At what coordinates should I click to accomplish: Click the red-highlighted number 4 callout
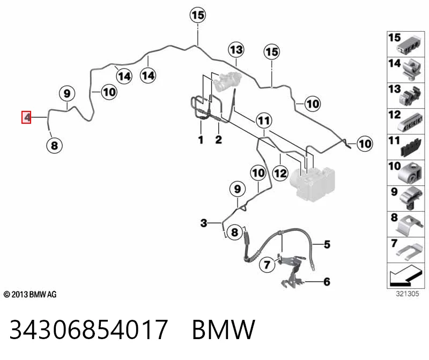tap(26, 117)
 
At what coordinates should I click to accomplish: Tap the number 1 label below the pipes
tap(201, 140)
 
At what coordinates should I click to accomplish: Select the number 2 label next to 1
tap(218, 140)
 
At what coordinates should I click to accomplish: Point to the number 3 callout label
tap(204, 223)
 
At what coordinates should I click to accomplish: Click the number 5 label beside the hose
tap(327, 244)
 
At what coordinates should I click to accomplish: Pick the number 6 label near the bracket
tap(327, 282)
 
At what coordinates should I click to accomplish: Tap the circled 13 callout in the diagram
tap(236, 50)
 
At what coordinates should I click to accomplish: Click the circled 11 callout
tap(264, 121)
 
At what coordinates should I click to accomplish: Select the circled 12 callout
tap(280, 173)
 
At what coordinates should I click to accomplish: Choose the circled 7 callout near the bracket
tap(267, 264)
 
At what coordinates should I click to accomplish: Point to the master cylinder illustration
tap(227, 81)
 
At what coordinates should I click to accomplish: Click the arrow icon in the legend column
tap(406, 275)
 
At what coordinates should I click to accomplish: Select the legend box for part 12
tap(406, 121)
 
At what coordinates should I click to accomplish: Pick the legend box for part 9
tap(406, 198)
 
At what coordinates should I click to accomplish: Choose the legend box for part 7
tap(406, 250)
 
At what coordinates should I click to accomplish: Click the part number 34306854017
tap(88, 329)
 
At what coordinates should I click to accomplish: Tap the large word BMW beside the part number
tap(224, 329)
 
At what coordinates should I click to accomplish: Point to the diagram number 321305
tap(408, 294)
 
